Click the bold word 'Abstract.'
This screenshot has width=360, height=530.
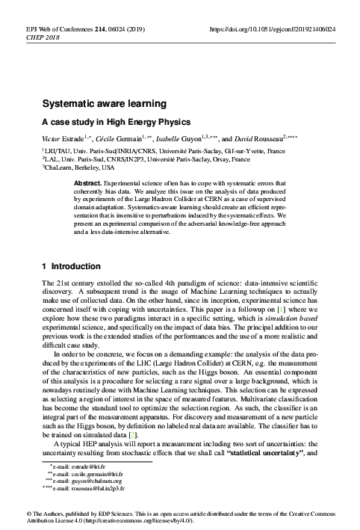[90, 183]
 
